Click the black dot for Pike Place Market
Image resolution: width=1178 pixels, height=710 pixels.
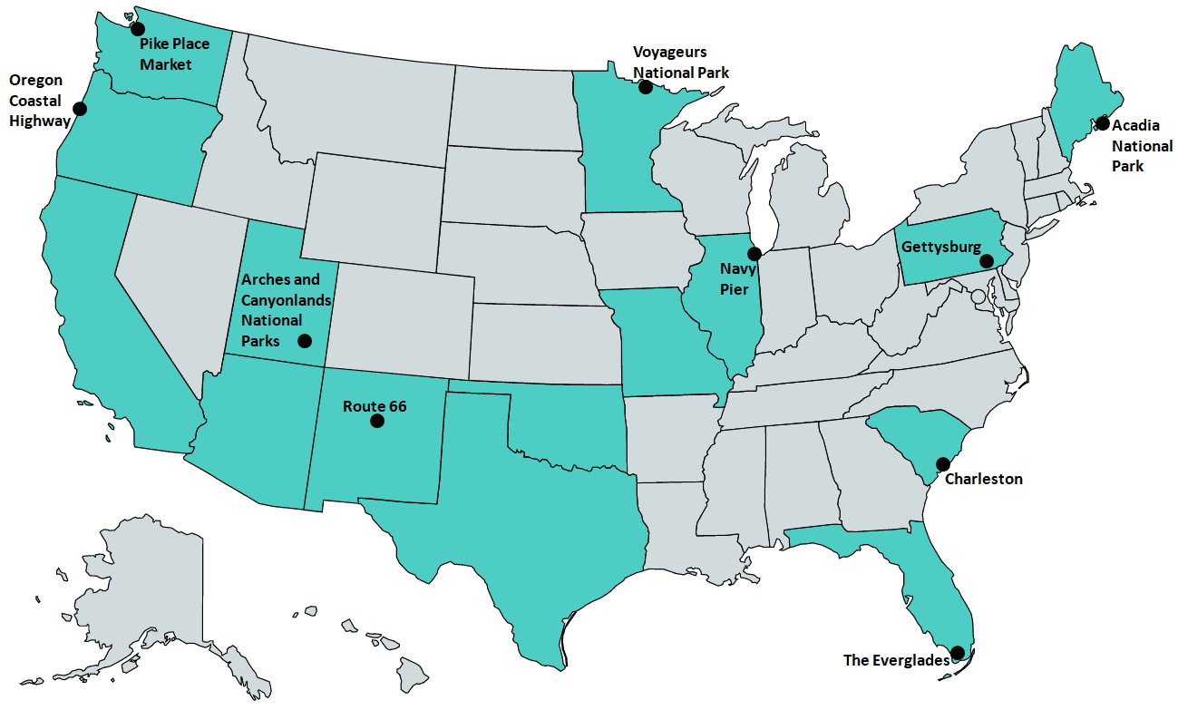[138, 28]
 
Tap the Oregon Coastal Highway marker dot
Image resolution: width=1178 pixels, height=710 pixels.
[80, 109]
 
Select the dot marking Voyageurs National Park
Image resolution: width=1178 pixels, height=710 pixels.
[646, 87]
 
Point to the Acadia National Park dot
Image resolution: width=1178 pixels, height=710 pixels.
[1103, 122]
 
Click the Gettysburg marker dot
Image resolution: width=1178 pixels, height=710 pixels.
[988, 260]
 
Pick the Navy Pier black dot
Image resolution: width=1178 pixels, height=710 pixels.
[754, 253]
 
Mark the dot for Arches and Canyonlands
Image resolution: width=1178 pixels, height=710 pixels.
[305, 341]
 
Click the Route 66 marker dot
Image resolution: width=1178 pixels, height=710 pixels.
[377, 422]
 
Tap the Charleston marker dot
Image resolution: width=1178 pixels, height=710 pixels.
[943, 463]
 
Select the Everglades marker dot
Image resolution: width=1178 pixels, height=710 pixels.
[957, 652]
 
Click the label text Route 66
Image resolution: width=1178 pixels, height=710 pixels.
[375, 405]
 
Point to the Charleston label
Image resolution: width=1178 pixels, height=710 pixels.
[984, 479]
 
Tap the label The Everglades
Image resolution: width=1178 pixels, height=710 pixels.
[896, 660]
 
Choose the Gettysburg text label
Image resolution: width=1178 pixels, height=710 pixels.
[940, 247]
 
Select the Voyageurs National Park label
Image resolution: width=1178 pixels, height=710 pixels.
[680, 63]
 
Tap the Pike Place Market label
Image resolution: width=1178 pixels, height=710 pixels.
[174, 53]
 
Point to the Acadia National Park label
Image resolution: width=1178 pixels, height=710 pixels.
[1142, 146]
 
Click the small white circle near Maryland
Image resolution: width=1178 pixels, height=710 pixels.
[978, 297]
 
